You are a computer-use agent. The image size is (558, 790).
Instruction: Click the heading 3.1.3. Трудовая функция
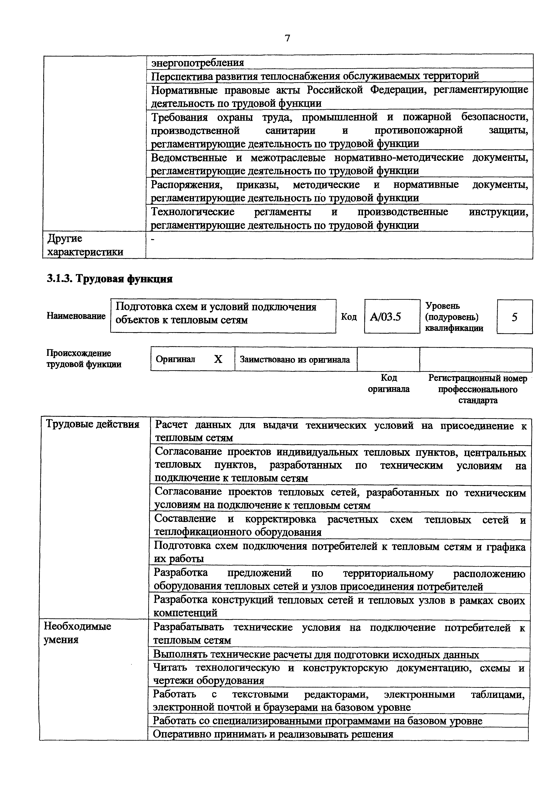pos(109,279)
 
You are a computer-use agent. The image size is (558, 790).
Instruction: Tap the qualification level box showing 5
pos(514,317)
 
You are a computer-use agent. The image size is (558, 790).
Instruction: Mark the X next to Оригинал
pos(218,359)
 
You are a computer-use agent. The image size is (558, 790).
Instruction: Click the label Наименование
pos(76,316)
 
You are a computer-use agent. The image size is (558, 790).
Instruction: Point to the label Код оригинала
pos(389,383)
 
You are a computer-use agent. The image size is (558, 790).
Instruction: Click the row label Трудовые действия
pos(93,424)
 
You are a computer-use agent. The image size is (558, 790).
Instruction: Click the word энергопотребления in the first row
pos(198,63)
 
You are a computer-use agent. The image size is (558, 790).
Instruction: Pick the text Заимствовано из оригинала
pos(295,360)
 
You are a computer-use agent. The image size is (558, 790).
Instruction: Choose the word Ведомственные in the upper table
pos(189,158)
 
